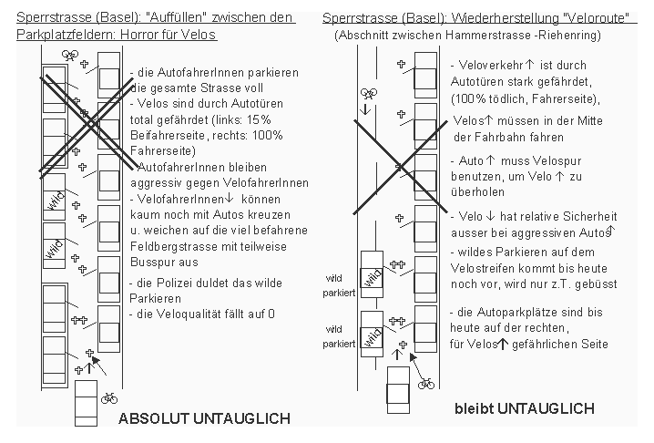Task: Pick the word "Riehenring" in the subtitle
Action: click(566, 35)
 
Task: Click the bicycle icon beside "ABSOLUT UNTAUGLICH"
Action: click(108, 397)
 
